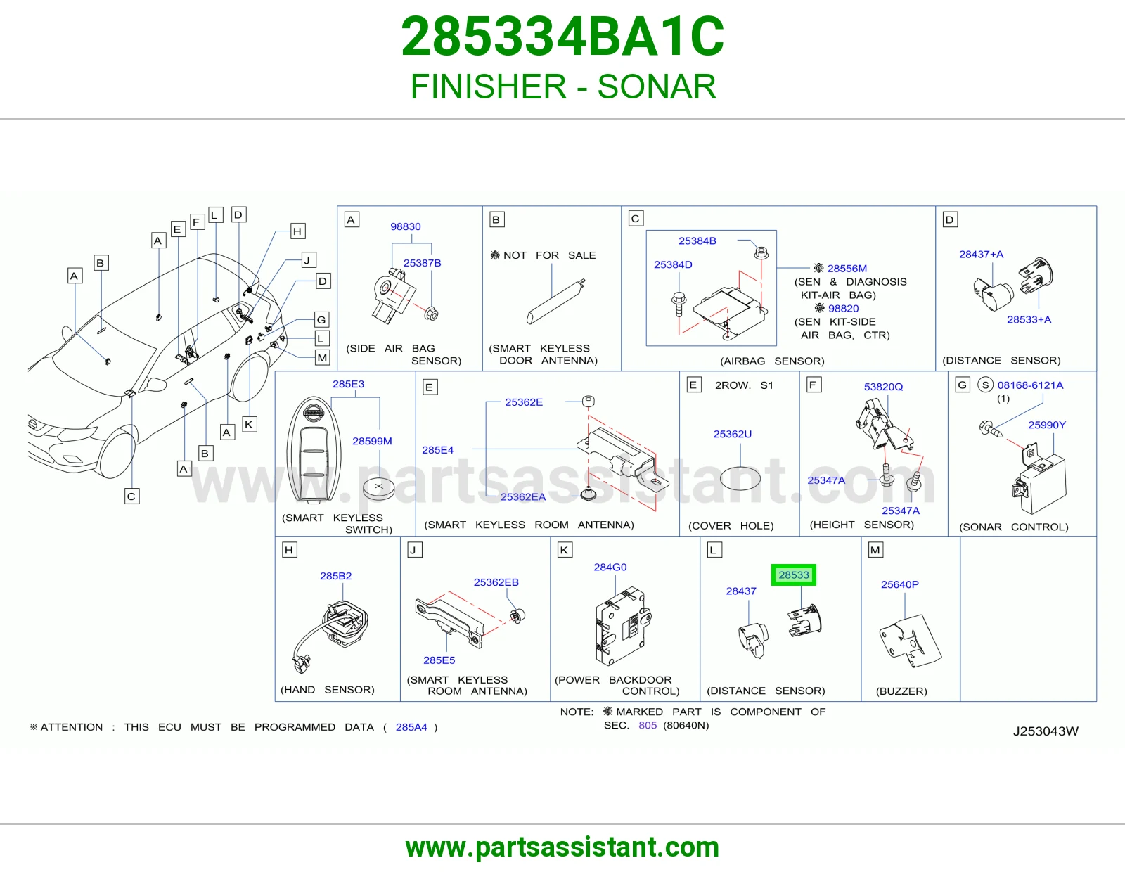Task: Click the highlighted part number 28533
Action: pos(793,575)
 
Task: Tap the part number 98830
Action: pos(406,226)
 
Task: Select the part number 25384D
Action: pos(672,264)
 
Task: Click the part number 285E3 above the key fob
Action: pos(348,384)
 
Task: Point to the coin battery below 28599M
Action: pos(378,488)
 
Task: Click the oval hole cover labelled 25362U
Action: pos(740,478)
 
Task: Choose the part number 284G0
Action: pos(610,567)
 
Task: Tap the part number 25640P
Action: pos(900,584)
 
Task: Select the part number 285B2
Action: pos(335,576)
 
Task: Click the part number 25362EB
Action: pos(496,582)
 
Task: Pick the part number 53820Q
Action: pos(883,387)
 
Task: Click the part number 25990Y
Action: pos(1047,425)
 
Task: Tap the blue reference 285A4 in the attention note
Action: pos(411,727)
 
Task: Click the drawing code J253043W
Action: pos(1046,731)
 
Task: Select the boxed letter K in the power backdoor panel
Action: pos(564,550)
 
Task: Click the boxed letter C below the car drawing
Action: pos(131,496)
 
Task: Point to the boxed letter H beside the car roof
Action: pos(297,231)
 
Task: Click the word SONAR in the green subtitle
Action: pos(657,86)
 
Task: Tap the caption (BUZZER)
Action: pos(901,691)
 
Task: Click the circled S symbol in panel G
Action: pos(985,385)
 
